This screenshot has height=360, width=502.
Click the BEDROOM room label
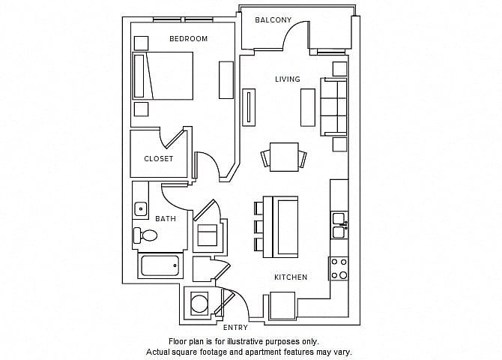188,39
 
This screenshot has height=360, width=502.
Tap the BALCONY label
273,20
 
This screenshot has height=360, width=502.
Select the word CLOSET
159,159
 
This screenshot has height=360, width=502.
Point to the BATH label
166,219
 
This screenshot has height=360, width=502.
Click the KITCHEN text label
291,277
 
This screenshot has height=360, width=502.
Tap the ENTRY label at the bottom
235,327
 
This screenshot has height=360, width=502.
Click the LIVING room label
288,79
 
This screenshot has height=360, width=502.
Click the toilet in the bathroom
145,235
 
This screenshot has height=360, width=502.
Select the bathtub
160,265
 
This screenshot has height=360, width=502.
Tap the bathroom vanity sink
141,209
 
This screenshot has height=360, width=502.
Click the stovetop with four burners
339,268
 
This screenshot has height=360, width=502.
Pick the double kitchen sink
339,225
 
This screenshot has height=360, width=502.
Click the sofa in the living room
333,106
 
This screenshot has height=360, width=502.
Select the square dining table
284,157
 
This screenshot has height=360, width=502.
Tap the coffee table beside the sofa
308,107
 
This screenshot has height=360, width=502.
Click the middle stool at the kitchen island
259,226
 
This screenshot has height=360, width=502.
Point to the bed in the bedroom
163,76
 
